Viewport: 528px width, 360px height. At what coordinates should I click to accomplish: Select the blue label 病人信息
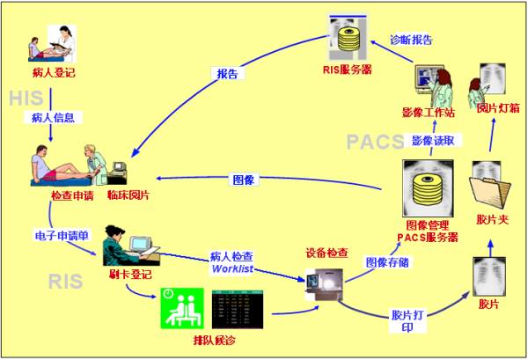click(x=53, y=117)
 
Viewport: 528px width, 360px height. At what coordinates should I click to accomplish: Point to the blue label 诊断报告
click(x=411, y=40)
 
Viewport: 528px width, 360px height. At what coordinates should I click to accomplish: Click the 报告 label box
click(x=227, y=74)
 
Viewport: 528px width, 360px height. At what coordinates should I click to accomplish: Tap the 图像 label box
click(x=244, y=180)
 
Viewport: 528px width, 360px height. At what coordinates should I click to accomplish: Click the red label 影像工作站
click(x=426, y=113)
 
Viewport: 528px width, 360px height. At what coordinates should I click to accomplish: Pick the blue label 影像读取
click(x=434, y=140)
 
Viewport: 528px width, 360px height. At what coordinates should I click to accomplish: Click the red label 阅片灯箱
click(x=499, y=108)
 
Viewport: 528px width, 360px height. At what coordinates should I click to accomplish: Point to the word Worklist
click(x=232, y=268)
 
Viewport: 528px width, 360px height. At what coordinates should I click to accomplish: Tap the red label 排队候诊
click(x=216, y=340)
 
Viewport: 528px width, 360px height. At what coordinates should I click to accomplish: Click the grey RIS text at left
click(x=67, y=280)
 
